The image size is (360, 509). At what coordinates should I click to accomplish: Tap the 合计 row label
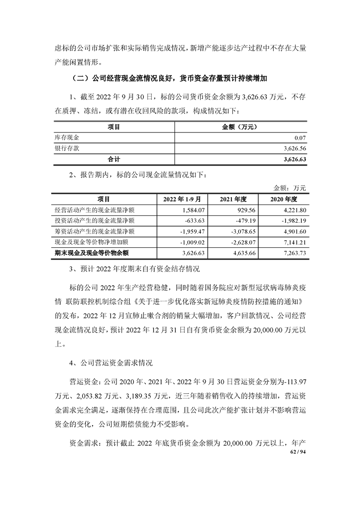click(113, 159)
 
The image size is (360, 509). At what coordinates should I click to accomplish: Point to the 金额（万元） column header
click(240, 127)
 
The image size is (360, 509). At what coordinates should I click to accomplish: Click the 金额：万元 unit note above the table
click(290, 188)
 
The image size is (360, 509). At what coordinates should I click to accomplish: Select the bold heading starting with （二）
click(168, 78)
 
